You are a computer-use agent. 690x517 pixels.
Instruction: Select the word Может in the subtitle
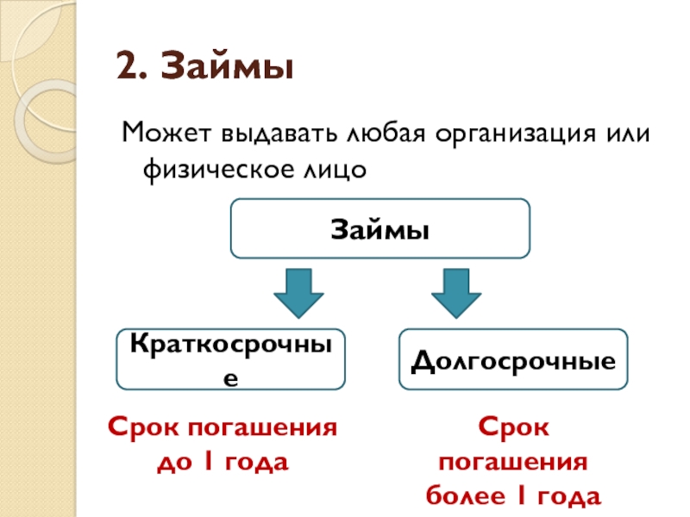(x=166, y=135)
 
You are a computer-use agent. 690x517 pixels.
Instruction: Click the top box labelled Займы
(x=379, y=229)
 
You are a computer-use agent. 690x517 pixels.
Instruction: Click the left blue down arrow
(x=298, y=293)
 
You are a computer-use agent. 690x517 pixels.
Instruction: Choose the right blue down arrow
(x=457, y=293)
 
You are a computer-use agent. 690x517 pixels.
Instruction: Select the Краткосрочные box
(x=231, y=358)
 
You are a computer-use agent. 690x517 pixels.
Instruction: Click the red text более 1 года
(x=513, y=497)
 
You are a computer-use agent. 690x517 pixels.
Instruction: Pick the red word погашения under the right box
(x=513, y=463)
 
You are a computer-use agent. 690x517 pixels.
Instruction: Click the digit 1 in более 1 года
(x=521, y=497)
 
